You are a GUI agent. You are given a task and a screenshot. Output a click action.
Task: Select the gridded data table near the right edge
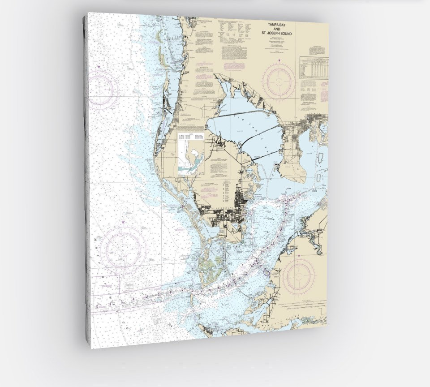(314, 67)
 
